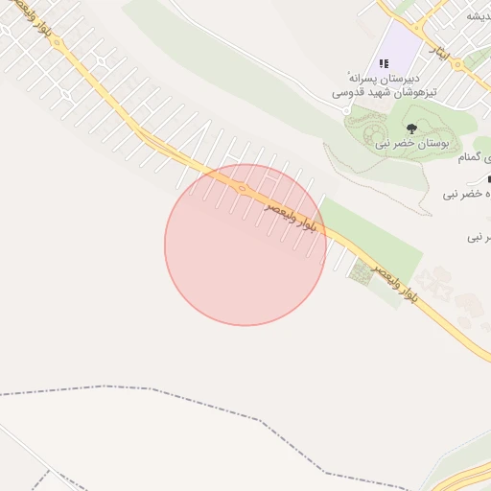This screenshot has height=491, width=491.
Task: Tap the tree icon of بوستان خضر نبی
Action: pyautogui.click(x=411, y=128)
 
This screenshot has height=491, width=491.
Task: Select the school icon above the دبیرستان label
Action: pyautogui.click(x=384, y=62)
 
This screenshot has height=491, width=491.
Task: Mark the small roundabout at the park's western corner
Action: pyautogui.click(x=346, y=110)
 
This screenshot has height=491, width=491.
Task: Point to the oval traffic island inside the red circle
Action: pyautogui.click(x=243, y=188)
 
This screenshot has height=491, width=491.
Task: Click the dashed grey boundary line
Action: pyautogui.click(x=144, y=388)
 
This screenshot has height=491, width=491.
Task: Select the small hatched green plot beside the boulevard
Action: pyautogui.click(x=361, y=272)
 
